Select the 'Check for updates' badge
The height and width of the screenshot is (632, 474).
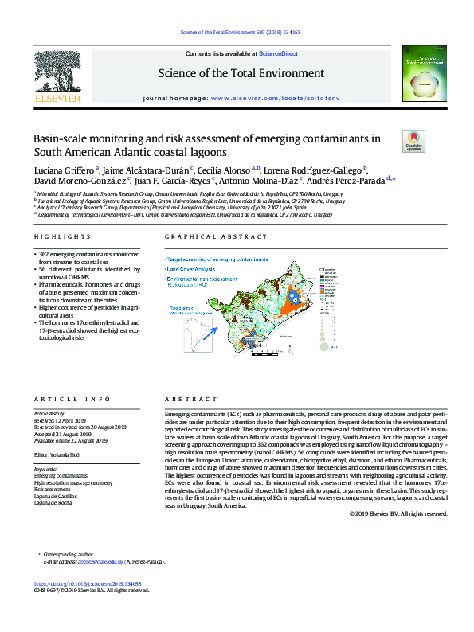[x=414, y=141]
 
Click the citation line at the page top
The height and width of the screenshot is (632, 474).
[x=237, y=33]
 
